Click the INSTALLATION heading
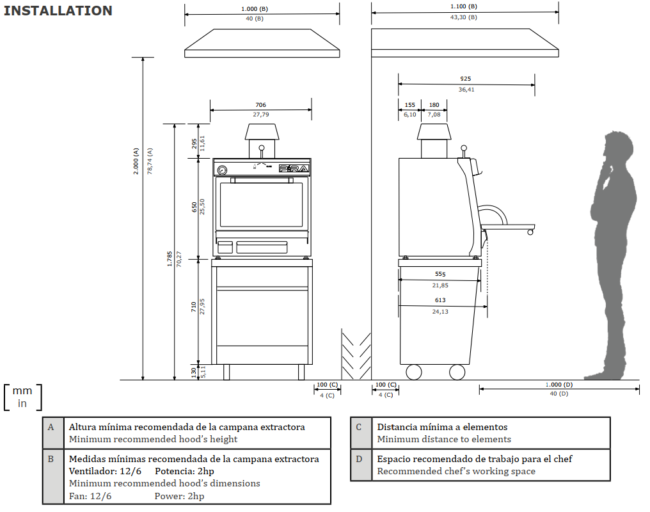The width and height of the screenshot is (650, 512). click(x=58, y=11)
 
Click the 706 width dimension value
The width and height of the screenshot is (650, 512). click(x=260, y=105)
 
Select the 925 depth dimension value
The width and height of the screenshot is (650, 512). click(x=466, y=79)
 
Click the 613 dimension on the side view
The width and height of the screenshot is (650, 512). click(x=440, y=300)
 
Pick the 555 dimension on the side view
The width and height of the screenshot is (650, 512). click(x=440, y=274)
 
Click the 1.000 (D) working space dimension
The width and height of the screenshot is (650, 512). click(x=559, y=384)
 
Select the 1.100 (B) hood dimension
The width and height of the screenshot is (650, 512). click(x=464, y=6)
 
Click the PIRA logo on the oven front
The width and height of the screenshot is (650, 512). click(x=295, y=168)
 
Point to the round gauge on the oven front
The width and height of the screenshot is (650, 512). click(x=222, y=170)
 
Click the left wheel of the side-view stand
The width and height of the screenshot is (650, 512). click(x=414, y=372)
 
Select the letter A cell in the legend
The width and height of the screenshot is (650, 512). click(x=52, y=427)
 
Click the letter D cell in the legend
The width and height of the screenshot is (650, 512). click(x=360, y=459)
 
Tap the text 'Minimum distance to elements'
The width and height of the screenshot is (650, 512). click(x=444, y=439)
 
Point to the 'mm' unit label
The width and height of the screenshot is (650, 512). click(x=22, y=391)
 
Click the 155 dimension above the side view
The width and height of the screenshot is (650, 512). click(x=410, y=105)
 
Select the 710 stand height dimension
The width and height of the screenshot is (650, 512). click(x=194, y=307)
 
